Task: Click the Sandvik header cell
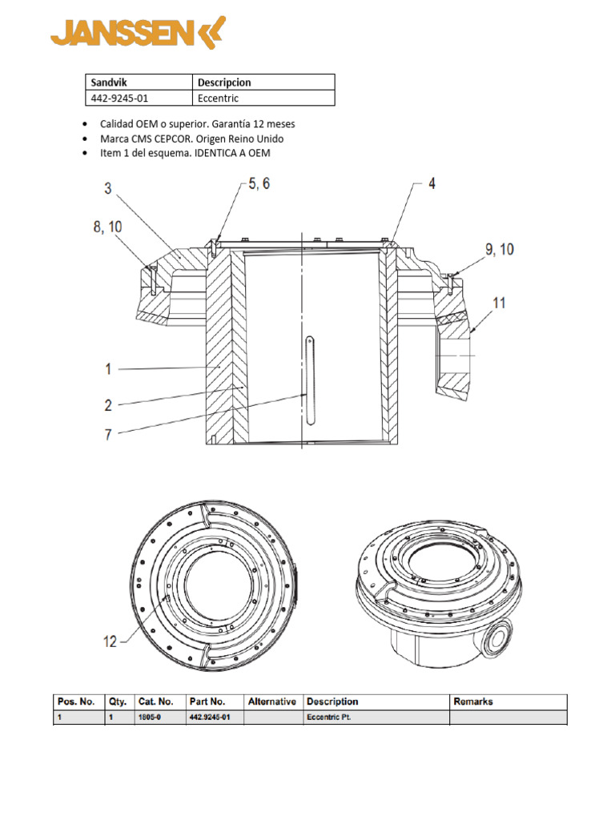point(139,82)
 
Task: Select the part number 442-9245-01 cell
point(139,98)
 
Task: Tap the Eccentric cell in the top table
point(263,98)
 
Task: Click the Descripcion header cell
point(263,82)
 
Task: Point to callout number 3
point(107,188)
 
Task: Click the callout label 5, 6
point(258,183)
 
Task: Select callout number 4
point(431,183)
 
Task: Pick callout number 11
point(499,303)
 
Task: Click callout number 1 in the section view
point(107,369)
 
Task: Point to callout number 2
point(107,405)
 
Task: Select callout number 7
point(107,434)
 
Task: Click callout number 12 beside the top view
point(110,641)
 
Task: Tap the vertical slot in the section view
point(309,376)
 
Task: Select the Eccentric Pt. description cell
point(376,717)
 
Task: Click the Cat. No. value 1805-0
point(146,717)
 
